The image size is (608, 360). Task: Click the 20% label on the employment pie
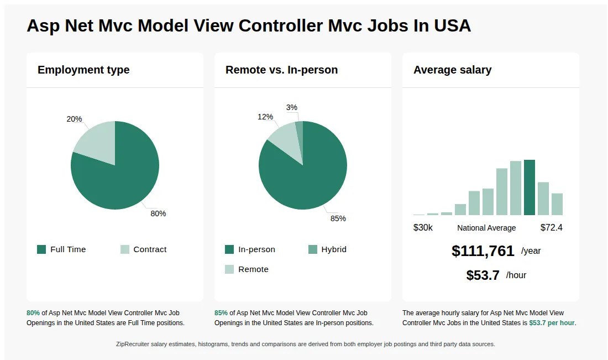(x=74, y=119)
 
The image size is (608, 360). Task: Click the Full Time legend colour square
(x=41, y=249)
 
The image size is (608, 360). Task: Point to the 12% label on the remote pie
(x=265, y=117)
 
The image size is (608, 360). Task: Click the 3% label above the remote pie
(x=292, y=107)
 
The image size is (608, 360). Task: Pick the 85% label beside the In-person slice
(x=338, y=218)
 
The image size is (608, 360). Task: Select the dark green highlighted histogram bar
(x=530, y=187)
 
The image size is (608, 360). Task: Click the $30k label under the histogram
(x=423, y=227)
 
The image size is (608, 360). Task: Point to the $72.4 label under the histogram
(x=551, y=227)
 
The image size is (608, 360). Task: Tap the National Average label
(x=486, y=228)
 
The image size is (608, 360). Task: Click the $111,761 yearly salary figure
(x=483, y=251)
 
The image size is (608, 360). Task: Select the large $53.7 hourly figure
(x=483, y=275)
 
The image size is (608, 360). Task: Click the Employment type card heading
(x=83, y=70)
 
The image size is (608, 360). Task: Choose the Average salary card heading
(x=452, y=70)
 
